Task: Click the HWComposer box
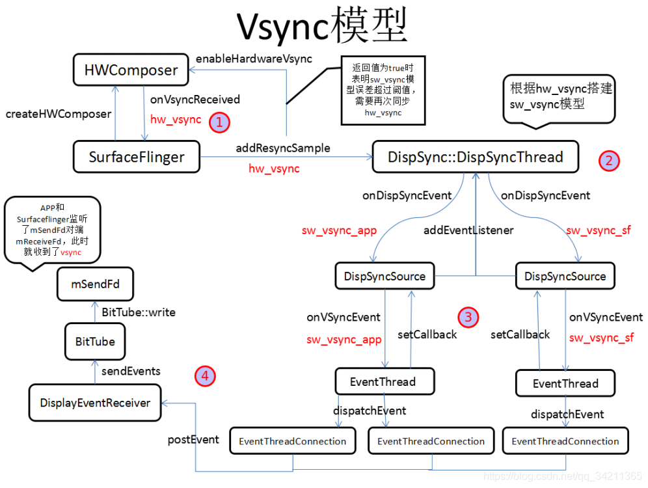click(x=131, y=70)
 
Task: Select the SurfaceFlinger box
click(x=137, y=157)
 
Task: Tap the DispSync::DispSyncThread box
click(x=475, y=157)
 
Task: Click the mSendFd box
click(x=95, y=284)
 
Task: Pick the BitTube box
click(x=95, y=342)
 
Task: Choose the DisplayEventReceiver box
click(x=95, y=403)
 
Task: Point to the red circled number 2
click(x=610, y=161)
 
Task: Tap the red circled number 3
click(x=468, y=317)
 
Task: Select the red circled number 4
click(x=205, y=375)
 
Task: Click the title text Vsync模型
click(x=321, y=27)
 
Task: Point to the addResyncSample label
click(x=283, y=148)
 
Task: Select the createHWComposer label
click(x=59, y=114)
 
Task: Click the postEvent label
click(x=194, y=439)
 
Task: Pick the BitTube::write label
click(x=139, y=312)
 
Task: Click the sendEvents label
click(x=131, y=371)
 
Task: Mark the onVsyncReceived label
click(x=195, y=100)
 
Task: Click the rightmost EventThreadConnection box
click(x=565, y=441)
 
